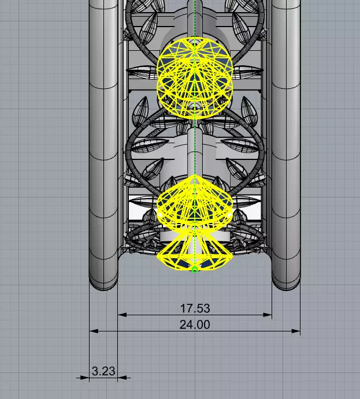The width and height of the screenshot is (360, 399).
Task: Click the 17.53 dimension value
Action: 195,309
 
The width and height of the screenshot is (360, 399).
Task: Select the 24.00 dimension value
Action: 195,325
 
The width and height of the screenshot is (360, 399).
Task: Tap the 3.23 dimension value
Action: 103,371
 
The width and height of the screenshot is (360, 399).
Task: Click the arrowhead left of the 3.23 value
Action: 86,378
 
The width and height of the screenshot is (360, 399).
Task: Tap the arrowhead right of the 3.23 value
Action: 121,378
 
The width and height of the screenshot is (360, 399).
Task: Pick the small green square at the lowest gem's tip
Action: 195,269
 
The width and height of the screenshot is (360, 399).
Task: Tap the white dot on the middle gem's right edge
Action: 230,215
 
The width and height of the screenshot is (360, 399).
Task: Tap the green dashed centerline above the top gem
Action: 195,17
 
